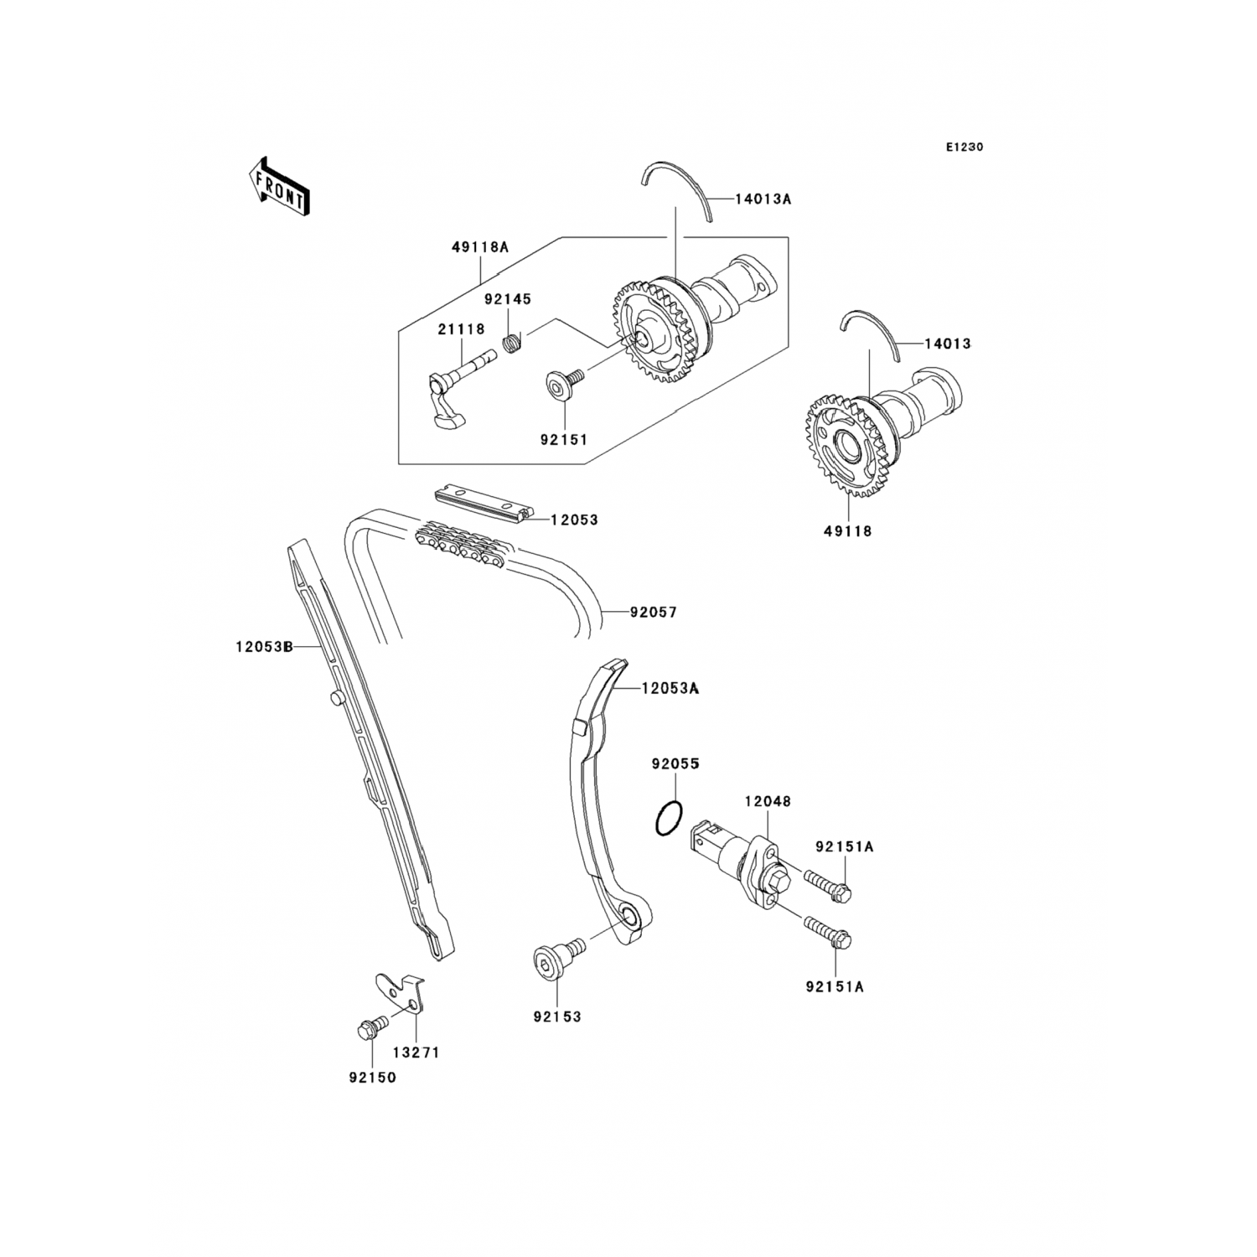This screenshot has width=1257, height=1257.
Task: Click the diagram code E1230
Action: [964, 147]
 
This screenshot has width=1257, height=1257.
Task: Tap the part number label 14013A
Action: [763, 199]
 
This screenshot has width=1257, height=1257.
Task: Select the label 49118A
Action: [480, 248]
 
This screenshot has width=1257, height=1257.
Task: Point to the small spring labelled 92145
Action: [511, 342]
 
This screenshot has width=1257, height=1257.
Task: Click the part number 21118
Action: [461, 329]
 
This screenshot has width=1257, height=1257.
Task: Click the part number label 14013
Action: [947, 344]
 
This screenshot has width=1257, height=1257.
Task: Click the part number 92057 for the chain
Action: [653, 613]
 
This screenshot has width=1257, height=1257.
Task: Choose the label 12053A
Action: [670, 689]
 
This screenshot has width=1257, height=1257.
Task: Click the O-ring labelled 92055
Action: [668, 818]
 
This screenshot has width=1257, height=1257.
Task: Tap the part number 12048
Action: [767, 802]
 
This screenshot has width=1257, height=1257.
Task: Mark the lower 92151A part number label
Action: [835, 987]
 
